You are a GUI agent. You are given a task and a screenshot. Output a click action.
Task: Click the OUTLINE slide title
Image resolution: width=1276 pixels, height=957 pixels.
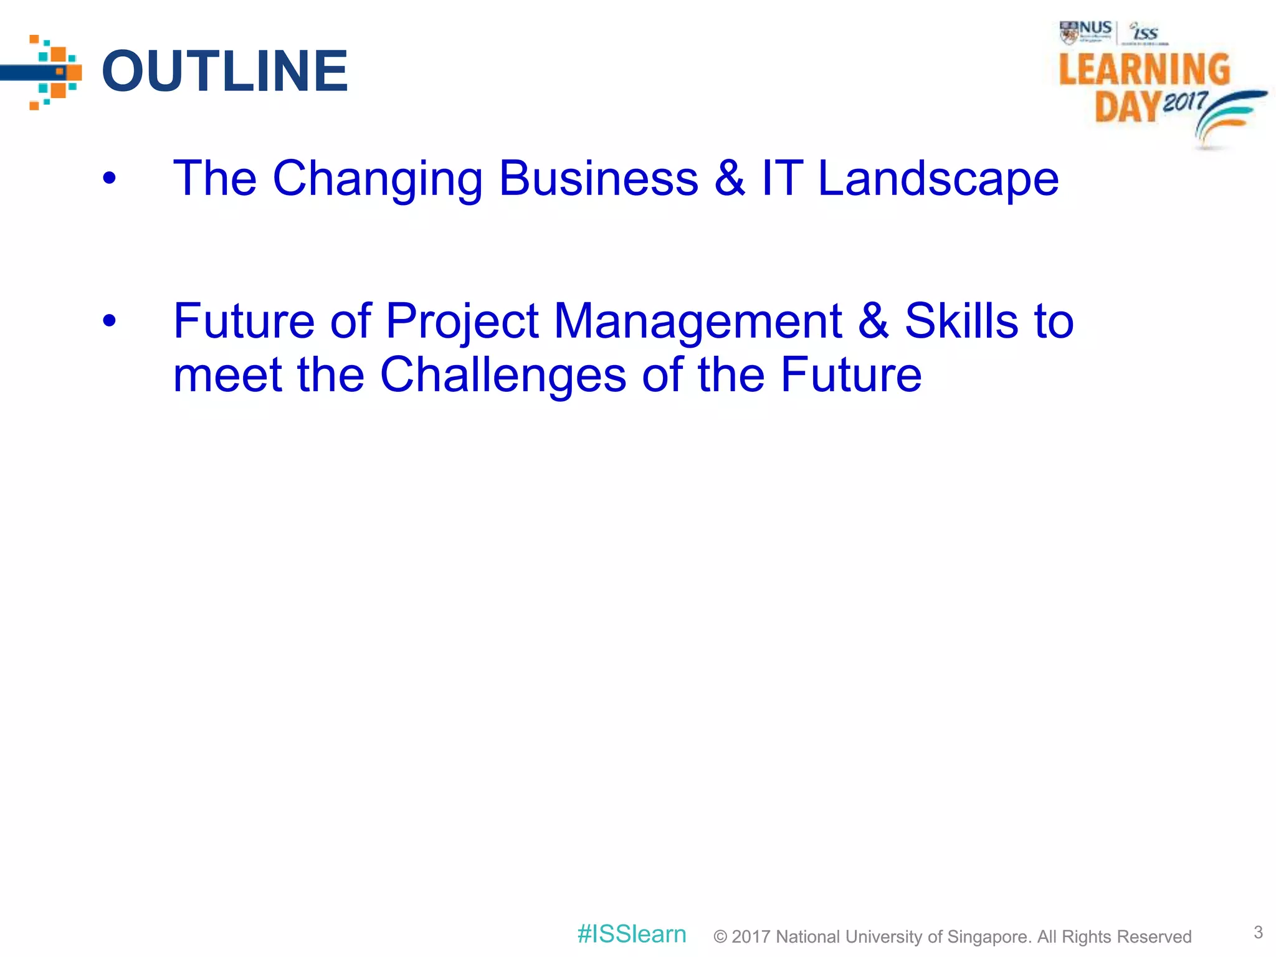tap(224, 71)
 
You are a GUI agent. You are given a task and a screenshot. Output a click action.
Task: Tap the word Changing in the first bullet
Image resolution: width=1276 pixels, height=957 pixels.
tap(378, 179)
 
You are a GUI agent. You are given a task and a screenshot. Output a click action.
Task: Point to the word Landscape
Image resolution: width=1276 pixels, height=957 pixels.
tap(938, 179)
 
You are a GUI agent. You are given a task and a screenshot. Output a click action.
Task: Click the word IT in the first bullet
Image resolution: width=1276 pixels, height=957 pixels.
tap(782, 179)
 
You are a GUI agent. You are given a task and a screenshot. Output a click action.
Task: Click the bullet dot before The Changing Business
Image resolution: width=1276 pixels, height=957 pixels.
tap(110, 179)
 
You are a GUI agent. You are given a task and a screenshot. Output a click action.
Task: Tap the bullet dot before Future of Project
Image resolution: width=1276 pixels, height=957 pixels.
tap(110, 321)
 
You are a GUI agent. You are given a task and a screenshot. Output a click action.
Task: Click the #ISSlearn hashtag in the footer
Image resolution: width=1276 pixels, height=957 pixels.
tap(631, 934)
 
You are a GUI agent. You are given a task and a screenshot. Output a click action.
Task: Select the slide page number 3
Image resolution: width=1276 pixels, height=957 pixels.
tap(1258, 932)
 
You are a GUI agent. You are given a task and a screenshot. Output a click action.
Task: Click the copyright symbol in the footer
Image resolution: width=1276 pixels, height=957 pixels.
tap(720, 937)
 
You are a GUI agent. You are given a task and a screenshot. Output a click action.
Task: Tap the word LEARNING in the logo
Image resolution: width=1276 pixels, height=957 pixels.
tap(1145, 69)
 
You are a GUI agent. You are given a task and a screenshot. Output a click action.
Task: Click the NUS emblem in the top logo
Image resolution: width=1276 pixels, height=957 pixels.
tap(1069, 32)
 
